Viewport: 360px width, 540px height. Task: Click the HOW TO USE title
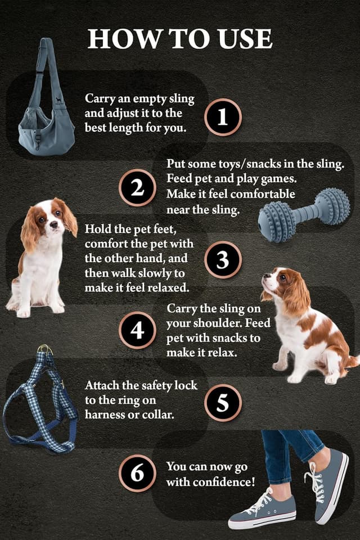pyautogui.click(x=180, y=38)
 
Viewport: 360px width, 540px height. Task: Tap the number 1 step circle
pyautogui.click(x=223, y=117)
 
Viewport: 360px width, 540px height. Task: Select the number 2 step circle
pyautogui.click(x=137, y=188)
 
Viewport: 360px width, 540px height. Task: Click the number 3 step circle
pyautogui.click(x=223, y=260)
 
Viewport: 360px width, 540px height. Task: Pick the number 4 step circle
pyautogui.click(x=137, y=330)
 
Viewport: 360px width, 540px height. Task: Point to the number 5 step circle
pyautogui.click(x=223, y=403)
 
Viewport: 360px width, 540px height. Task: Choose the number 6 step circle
pyautogui.click(x=137, y=474)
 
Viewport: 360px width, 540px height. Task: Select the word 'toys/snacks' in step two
pyautogui.click(x=233, y=164)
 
